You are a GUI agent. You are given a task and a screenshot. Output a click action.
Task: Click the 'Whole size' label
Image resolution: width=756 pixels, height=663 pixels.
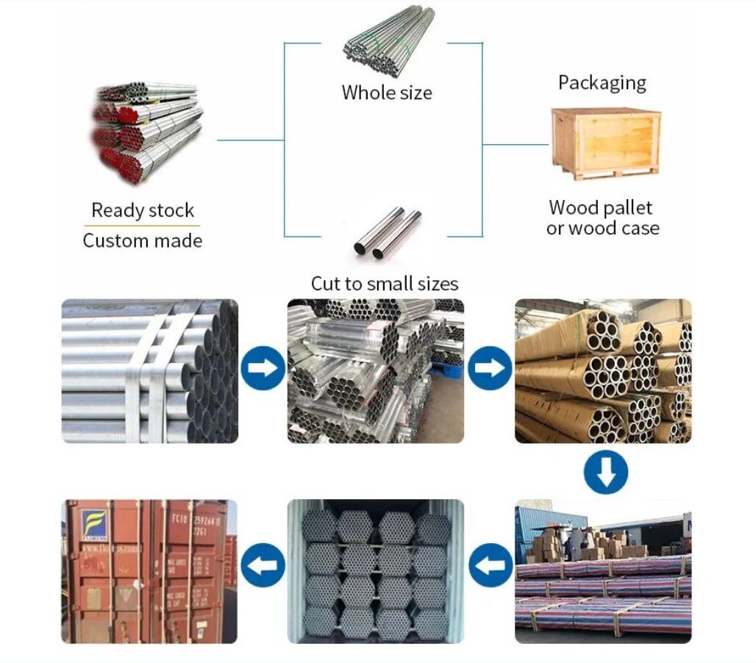[386, 93]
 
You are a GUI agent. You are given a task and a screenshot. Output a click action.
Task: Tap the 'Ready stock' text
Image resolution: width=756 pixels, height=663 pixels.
[143, 210]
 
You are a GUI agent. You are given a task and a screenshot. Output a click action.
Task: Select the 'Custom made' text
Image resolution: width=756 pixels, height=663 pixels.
[143, 240]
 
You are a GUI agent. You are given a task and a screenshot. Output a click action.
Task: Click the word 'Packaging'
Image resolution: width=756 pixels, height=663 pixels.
[602, 82]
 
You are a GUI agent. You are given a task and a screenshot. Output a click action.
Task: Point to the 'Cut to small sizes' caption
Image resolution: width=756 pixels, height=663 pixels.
[384, 283]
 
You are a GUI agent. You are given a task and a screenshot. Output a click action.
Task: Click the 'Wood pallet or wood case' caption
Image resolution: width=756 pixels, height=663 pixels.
[602, 218]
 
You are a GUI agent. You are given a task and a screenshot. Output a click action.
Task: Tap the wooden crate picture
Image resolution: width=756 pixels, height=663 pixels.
[605, 142]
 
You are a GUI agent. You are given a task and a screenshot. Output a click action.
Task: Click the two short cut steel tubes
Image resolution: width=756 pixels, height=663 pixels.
[388, 233]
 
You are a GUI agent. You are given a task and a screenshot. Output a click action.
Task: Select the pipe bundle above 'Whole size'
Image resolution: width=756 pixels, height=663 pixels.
[388, 40]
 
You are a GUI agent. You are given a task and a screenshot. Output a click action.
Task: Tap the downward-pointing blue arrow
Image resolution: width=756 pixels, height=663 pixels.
[605, 471]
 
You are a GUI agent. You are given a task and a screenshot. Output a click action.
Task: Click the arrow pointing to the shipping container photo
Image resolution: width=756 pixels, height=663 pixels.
[263, 565]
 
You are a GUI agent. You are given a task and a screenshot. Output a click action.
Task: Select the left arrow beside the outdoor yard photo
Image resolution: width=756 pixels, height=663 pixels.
[490, 565]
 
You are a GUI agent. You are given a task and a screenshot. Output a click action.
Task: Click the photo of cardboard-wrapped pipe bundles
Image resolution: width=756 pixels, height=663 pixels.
[602, 370]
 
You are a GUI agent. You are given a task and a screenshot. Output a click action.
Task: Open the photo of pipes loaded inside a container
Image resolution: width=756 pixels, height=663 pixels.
[376, 571]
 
